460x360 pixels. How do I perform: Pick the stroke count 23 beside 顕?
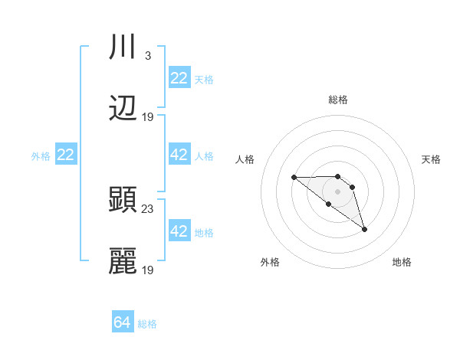point(148,208)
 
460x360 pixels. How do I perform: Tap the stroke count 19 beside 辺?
point(148,116)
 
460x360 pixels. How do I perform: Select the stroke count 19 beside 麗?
point(148,270)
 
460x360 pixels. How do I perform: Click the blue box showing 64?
point(123,322)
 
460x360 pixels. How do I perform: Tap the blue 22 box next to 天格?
point(179,78)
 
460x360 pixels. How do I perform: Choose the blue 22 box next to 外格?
point(66,155)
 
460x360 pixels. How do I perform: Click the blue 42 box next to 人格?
point(179,155)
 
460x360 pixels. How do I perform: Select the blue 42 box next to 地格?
point(179,231)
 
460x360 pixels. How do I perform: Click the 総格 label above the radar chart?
point(338,100)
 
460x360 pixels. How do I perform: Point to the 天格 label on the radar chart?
point(431,159)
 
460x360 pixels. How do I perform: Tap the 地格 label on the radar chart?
point(402,262)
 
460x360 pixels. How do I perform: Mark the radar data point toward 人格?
point(294,177)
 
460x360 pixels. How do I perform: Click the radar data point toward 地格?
point(364,229)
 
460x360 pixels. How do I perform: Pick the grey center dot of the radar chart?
point(338,191)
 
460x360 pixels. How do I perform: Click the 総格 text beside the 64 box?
point(147,324)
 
